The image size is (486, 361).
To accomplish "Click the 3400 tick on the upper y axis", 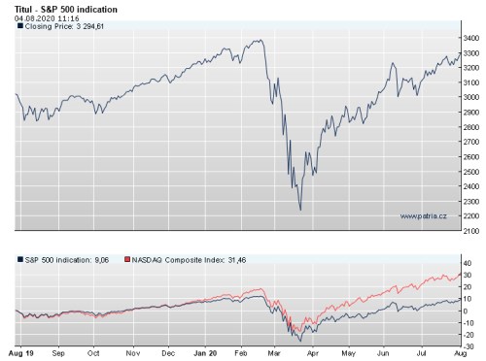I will [469, 38].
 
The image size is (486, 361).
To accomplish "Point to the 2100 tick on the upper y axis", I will [469, 231].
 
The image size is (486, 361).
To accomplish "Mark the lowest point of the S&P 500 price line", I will [300, 210].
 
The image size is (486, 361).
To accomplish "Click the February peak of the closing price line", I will [259, 41].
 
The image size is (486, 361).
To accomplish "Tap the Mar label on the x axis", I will [277, 355].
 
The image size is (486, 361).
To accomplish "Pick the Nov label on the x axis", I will [131, 355].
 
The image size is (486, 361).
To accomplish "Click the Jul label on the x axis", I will [424, 355].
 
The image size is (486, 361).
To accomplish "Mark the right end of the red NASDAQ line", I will [459, 276].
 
